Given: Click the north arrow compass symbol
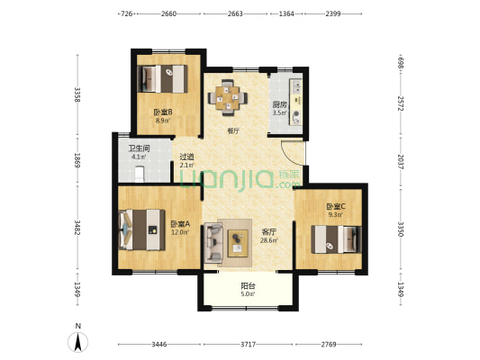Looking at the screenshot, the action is (x=78, y=341).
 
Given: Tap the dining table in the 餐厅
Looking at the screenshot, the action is (x=228, y=98).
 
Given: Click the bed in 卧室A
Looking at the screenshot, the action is (x=142, y=229).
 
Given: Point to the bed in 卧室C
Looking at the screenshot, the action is (x=336, y=239).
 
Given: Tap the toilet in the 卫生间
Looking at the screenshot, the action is (x=140, y=174).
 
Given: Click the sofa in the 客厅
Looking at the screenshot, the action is (x=213, y=243).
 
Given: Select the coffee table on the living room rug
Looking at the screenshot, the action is (x=238, y=244).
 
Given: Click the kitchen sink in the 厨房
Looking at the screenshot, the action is (x=296, y=85).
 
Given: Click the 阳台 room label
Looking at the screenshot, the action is (x=248, y=286).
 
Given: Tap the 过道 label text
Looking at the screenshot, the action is (x=186, y=157).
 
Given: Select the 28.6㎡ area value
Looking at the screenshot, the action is (x=269, y=240).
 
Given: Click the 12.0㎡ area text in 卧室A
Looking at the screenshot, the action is (x=180, y=232).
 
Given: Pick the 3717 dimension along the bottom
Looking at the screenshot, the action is (x=248, y=345).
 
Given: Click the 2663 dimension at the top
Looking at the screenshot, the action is (x=235, y=13).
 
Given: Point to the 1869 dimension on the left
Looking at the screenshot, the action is (x=77, y=160).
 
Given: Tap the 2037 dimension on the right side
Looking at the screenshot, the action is (x=401, y=162).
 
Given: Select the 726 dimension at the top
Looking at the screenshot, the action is (x=127, y=13).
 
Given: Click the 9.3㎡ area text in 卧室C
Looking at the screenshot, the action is (x=335, y=215).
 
